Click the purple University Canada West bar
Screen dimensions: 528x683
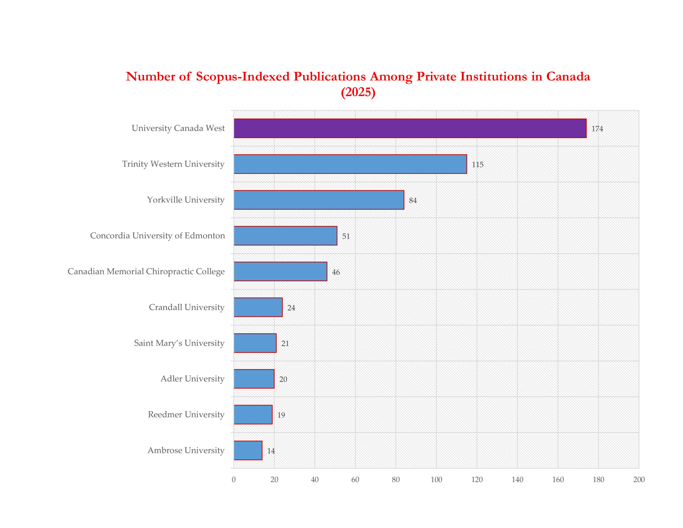click(x=410, y=128)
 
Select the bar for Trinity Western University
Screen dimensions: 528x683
click(x=350, y=164)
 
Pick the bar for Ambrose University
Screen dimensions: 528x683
click(x=248, y=450)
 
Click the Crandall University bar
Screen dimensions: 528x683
click(x=258, y=307)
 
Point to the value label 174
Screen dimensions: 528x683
click(x=597, y=129)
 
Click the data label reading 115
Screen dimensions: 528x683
click(x=478, y=165)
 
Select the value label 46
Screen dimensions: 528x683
click(x=336, y=272)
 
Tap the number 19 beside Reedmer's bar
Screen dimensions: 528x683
click(x=281, y=415)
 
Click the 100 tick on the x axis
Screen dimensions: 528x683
click(x=436, y=479)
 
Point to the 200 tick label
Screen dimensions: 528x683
click(x=639, y=479)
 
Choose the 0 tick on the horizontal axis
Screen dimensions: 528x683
click(x=234, y=479)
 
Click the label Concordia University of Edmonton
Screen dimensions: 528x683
click(x=157, y=235)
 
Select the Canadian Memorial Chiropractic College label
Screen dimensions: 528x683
click(x=146, y=271)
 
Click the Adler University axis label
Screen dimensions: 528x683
click(x=192, y=379)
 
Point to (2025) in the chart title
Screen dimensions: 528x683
click(x=358, y=92)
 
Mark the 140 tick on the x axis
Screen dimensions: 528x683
click(x=517, y=479)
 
